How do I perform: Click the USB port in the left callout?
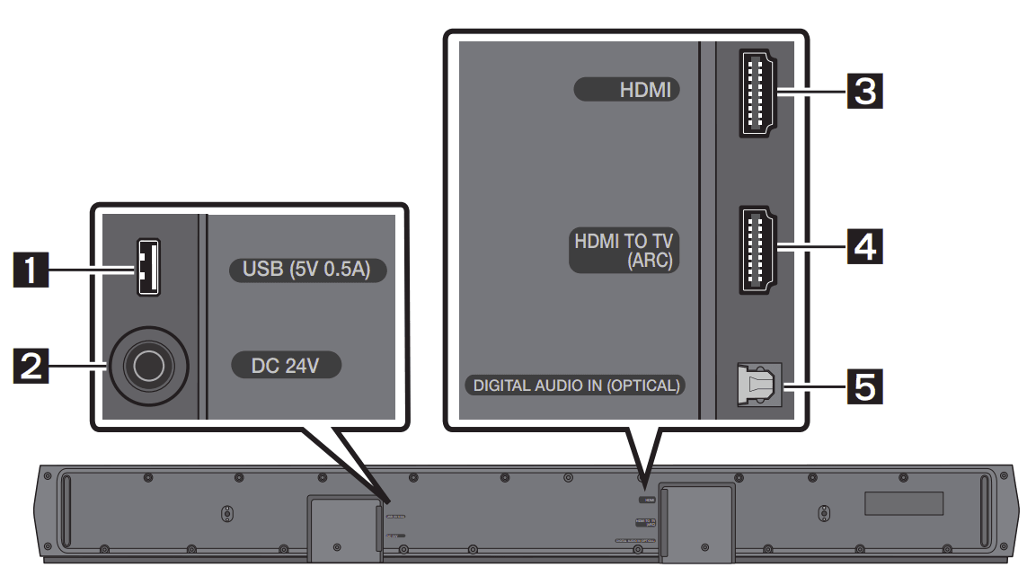(x=148, y=268)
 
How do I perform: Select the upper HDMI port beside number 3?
(x=757, y=92)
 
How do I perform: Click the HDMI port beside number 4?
(x=757, y=250)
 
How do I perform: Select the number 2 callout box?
(x=34, y=366)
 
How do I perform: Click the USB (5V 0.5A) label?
(x=306, y=270)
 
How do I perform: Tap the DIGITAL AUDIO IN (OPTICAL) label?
(x=576, y=386)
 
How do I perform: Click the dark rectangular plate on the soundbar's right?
(x=904, y=503)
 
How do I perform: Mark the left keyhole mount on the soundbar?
(x=226, y=514)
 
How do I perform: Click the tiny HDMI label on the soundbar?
(x=647, y=497)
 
